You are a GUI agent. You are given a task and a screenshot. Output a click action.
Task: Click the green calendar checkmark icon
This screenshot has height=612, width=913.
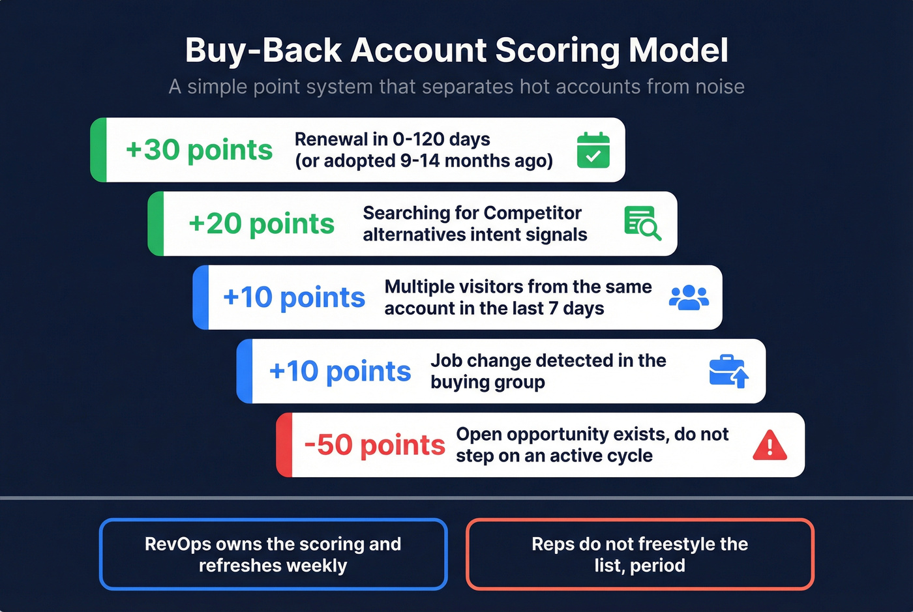coord(593,150)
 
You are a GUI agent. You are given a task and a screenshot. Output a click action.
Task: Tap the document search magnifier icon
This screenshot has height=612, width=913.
coord(642,224)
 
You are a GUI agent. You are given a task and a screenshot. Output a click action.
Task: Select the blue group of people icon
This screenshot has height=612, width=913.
coord(689,297)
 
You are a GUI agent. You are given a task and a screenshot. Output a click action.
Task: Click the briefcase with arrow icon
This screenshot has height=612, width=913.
coord(728,372)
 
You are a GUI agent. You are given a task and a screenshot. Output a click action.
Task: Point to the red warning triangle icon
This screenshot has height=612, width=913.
coord(770,445)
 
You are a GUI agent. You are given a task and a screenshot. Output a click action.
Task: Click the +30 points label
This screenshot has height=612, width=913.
coord(199,150)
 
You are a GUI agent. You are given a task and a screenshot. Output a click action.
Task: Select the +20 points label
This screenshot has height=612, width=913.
coord(261,224)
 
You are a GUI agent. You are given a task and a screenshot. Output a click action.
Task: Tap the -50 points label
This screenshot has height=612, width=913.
coord(374,445)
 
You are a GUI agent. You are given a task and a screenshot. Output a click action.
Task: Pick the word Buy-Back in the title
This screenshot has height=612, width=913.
coord(263,50)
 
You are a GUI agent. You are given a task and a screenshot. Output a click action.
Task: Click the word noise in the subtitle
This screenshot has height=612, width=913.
coord(719,87)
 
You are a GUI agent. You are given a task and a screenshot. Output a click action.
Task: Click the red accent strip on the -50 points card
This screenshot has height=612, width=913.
coord(284,445)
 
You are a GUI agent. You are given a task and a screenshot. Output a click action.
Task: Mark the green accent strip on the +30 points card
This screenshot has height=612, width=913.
coord(98,150)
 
